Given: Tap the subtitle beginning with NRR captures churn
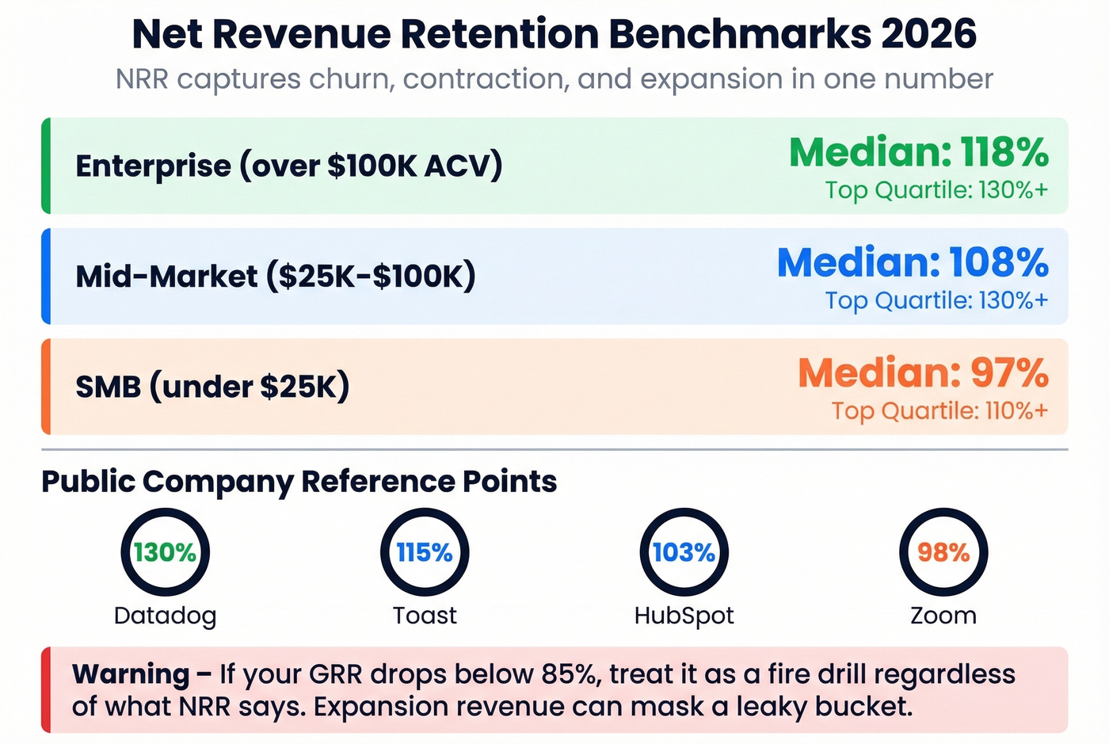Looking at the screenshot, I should point(554,79).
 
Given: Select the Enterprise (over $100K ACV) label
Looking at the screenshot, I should point(289,166).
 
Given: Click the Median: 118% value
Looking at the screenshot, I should point(919,152).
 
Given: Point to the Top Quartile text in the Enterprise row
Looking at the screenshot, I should point(936,190).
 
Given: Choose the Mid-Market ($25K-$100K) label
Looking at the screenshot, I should point(276,276).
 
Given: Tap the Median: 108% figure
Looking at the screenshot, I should point(913,262).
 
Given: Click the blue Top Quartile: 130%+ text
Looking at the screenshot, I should point(936,300).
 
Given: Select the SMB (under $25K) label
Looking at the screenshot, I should point(212,387).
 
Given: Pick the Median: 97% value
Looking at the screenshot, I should point(923,372).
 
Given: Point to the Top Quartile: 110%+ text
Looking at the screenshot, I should point(939,410).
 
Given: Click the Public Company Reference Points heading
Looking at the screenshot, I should point(299,481).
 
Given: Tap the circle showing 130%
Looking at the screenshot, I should point(165,552).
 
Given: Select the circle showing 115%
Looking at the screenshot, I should point(425,552).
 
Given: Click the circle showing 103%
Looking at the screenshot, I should point(684,552).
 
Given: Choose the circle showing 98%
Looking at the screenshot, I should point(943,552).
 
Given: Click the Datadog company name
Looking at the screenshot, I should point(165,616).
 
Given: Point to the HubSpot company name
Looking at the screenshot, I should point(684,616).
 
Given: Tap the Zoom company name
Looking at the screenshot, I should point(943,616).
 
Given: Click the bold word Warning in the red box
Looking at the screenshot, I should point(131,674).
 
